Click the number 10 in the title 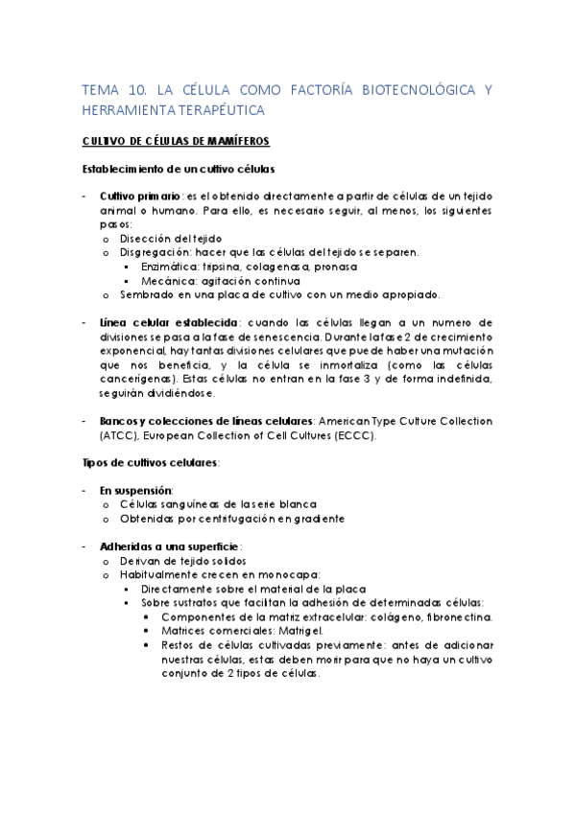coord(132,90)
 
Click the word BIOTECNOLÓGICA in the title coord(419,90)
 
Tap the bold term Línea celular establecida coord(162,322)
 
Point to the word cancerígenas coord(129,379)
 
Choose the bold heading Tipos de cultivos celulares coord(151,463)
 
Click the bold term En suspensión coord(132,490)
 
